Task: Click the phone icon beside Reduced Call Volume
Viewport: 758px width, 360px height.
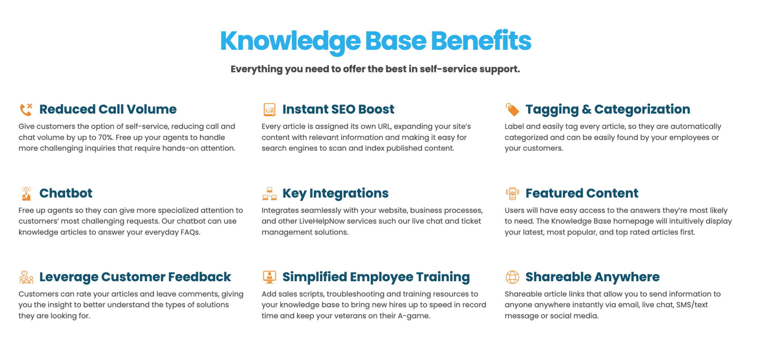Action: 26,110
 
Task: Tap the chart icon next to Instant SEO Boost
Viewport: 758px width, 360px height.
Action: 269,110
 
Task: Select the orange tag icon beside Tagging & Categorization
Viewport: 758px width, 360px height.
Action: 512,110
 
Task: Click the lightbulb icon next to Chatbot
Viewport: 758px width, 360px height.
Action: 26,194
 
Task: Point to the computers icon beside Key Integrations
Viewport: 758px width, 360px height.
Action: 269,194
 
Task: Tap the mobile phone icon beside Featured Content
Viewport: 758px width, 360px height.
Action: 512,194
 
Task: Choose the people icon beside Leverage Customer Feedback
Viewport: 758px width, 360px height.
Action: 26,277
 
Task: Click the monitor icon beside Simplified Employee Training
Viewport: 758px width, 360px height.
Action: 269,277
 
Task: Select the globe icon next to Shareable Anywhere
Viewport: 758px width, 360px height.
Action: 512,277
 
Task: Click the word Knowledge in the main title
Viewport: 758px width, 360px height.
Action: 290,41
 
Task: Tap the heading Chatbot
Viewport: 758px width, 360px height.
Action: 66,193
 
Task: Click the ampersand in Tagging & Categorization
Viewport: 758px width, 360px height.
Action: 586,110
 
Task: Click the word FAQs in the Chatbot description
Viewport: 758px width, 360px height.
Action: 190,232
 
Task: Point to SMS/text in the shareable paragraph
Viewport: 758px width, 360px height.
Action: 692,305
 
